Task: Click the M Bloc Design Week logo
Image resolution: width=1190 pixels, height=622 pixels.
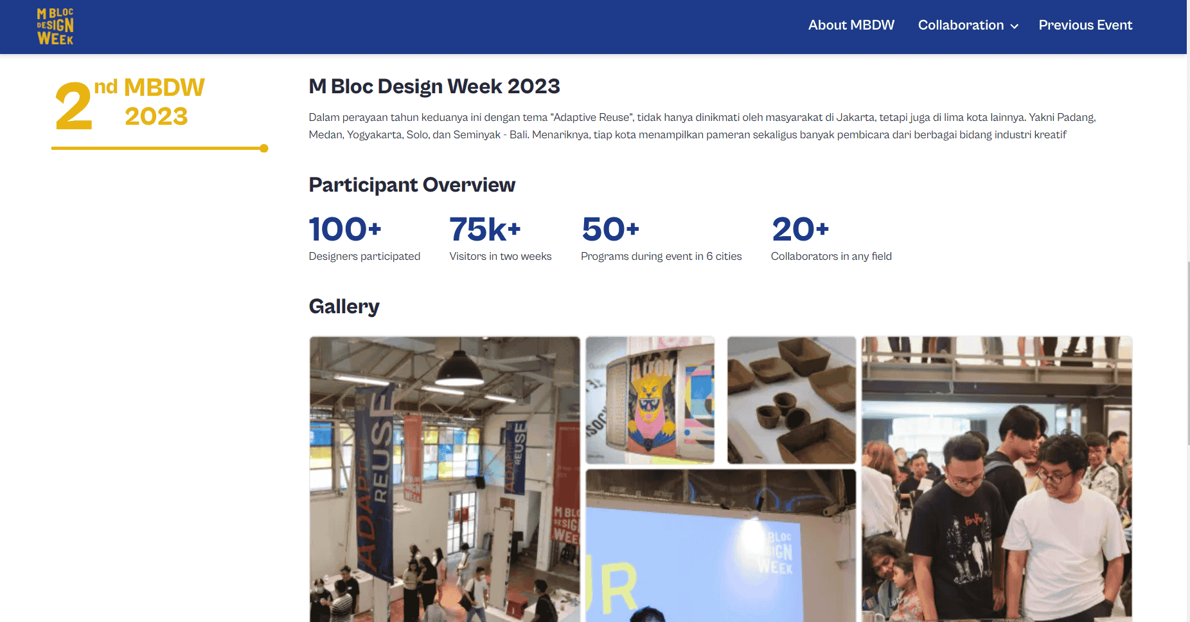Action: (x=55, y=26)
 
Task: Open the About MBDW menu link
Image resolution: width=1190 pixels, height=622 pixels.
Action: (x=851, y=25)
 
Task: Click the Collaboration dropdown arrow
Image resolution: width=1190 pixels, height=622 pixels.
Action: (x=1015, y=26)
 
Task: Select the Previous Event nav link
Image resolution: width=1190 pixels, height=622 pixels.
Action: (x=1085, y=25)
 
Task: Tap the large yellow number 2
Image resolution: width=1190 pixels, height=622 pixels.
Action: (x=73, y=106)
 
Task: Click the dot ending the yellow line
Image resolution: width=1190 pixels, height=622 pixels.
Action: (x=264, y=149)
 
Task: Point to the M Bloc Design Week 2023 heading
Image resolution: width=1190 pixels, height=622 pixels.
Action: (x=434, y=86)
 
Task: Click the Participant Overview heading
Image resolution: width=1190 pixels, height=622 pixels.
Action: (x=412, y=185)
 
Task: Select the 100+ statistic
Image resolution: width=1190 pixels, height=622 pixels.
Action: (x=345, y=230)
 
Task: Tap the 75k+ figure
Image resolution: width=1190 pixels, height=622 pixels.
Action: (x=485, y=230)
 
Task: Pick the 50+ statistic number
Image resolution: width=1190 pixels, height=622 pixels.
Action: (x=610, y=230)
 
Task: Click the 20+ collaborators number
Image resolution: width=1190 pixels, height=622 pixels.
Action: (x=801, y=230)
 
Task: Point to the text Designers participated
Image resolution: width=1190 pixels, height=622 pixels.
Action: (x=364, y=256)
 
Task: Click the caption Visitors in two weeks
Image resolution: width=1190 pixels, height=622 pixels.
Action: (x=501, y=256)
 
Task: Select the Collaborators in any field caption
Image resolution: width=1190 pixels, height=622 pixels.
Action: (x=831, y=256)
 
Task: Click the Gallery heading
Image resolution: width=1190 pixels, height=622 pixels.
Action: (x=344, y=306)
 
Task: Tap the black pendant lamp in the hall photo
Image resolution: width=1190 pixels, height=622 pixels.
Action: (x=460, y=370)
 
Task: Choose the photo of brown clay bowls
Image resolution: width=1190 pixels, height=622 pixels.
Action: (x=791, y=399)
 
